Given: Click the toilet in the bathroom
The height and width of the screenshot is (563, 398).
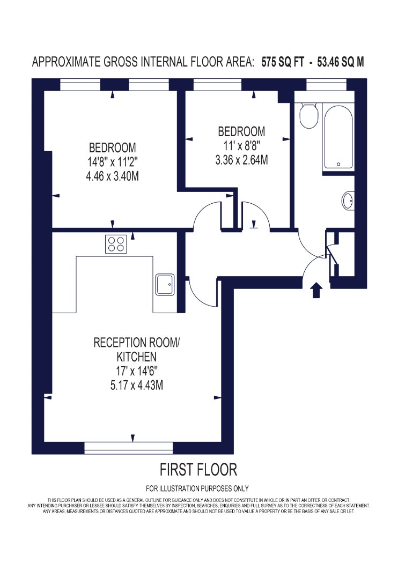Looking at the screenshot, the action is click(x=308, y=115).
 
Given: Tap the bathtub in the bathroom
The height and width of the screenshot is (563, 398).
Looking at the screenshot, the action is click(x=338, y=137).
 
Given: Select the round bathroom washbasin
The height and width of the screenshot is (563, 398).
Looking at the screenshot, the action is click(x=348, y=201).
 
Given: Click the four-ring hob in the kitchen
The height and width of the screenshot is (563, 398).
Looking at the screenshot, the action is click(x=116, y=244).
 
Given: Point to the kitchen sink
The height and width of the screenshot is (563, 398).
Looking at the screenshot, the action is click(x=165, y=285).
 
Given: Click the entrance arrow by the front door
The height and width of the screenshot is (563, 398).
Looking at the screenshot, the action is click(x=316, y=290).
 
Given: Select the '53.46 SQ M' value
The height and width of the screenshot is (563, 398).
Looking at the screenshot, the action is click(x=341, y=62).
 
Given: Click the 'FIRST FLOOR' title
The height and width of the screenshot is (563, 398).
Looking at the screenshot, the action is click(x=198, y=470).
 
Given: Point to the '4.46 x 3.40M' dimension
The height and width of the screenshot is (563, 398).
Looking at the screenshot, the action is click(x=113, y=176).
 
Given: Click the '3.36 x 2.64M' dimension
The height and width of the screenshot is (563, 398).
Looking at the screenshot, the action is click(x=241, y=160).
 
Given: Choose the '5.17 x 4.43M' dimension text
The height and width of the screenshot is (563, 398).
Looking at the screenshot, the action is click(x=136, y=386).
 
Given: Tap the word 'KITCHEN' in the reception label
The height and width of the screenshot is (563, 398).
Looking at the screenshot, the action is click(x=136, y=357).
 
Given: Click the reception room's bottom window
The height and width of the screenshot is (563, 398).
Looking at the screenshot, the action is click(x=129, y=448).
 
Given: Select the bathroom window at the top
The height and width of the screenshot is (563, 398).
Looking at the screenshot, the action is click(x=326, y=85).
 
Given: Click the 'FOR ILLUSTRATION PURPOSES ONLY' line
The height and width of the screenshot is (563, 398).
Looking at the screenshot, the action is click(x=197, y=488).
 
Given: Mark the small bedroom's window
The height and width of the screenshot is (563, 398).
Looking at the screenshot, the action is click(x=217, y=85).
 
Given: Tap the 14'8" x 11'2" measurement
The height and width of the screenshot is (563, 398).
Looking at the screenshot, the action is click(x=113, y=162).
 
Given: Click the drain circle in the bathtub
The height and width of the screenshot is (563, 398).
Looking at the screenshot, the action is click(x=338, y=165).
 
